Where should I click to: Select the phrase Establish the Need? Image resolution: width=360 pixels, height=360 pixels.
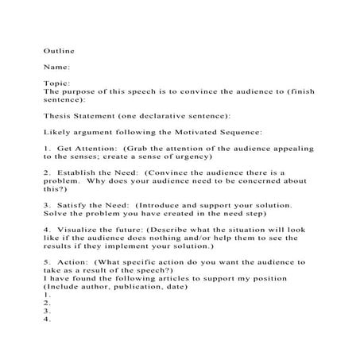coord(91,172)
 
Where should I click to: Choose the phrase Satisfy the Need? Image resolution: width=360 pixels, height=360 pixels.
coord(85,204)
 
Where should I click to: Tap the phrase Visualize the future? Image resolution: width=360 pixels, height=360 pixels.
coord(94,229)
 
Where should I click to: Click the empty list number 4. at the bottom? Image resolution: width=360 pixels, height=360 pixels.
coord(47,319)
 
